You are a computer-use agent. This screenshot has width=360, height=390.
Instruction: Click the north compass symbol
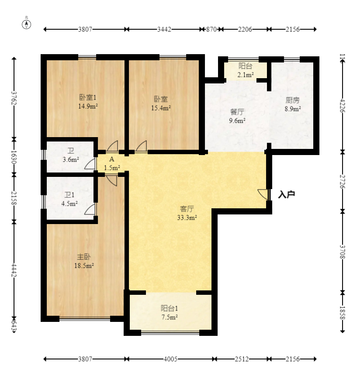point(26,24)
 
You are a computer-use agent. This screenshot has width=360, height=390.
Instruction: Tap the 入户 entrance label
point(286,194)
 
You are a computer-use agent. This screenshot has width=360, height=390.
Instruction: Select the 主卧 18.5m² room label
point(84,261)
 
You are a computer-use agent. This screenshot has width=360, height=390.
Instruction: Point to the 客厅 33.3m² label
point(187,213)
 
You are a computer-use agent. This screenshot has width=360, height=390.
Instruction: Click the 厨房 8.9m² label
point(293,104)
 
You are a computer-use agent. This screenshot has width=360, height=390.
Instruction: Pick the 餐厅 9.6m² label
point(237,116)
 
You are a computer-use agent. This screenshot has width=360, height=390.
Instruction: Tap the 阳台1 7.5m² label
point(169,313)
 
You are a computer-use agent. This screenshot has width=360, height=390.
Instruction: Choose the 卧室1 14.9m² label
point(88,101)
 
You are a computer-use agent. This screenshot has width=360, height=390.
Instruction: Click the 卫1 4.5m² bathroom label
point(69,199)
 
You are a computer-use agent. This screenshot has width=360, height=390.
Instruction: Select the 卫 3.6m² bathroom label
point(71,155)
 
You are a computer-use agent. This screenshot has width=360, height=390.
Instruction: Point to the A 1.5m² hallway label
point(112,163)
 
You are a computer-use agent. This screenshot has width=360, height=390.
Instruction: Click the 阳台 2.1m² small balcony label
point(245,70)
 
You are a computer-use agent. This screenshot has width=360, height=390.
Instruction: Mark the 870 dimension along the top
point(211,29)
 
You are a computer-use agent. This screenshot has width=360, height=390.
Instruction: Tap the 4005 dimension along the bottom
point(170,359)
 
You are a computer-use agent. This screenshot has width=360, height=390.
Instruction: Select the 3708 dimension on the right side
point(343,252)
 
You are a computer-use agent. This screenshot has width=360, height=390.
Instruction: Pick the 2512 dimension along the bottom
point(242,359)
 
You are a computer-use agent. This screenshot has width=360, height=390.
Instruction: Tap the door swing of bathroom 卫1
point(90,209)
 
